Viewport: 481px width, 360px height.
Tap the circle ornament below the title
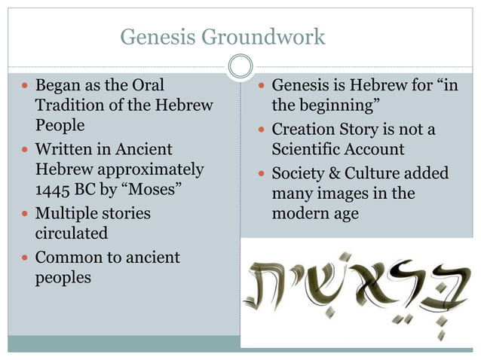[x=240, y=68]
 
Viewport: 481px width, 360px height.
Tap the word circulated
[x=72, y=234]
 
